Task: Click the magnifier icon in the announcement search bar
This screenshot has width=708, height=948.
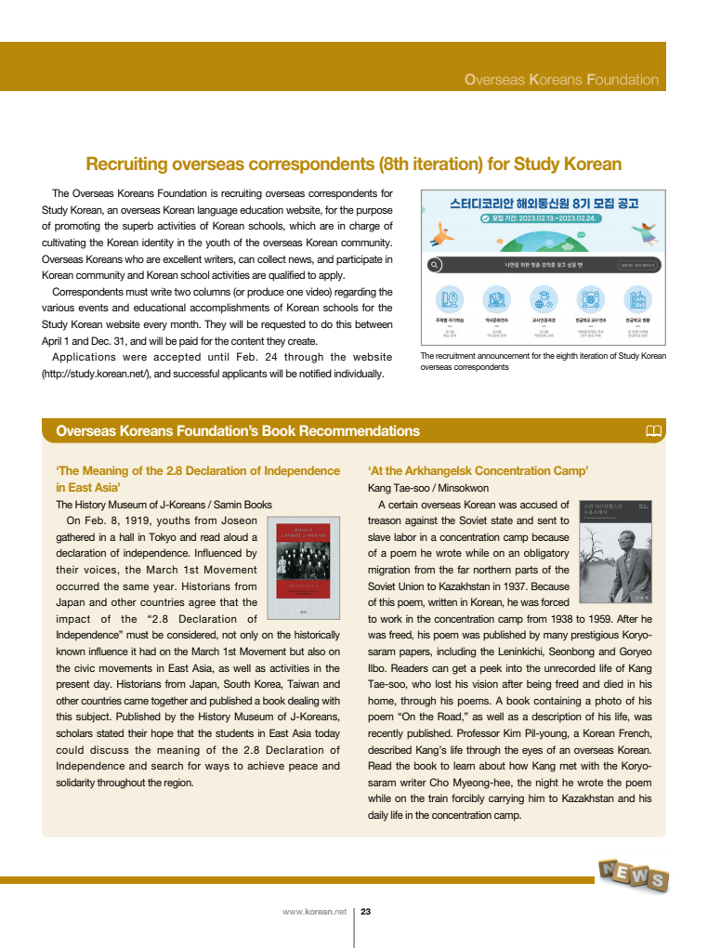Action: coord(435,264)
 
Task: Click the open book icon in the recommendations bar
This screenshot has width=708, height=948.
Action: coord(653,431)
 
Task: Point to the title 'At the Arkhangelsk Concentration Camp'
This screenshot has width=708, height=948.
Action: coord(478,470)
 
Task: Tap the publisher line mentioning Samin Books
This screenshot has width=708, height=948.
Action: coord(164,505)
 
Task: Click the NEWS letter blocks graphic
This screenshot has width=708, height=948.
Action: coord(633,875)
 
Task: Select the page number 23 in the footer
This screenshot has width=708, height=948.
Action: coord(365,912)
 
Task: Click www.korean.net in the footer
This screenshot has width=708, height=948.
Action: coord(314,912)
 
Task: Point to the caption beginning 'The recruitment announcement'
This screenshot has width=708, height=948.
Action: coord(543,362)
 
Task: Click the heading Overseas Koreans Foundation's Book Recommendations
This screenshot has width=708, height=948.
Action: coord(238,431)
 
